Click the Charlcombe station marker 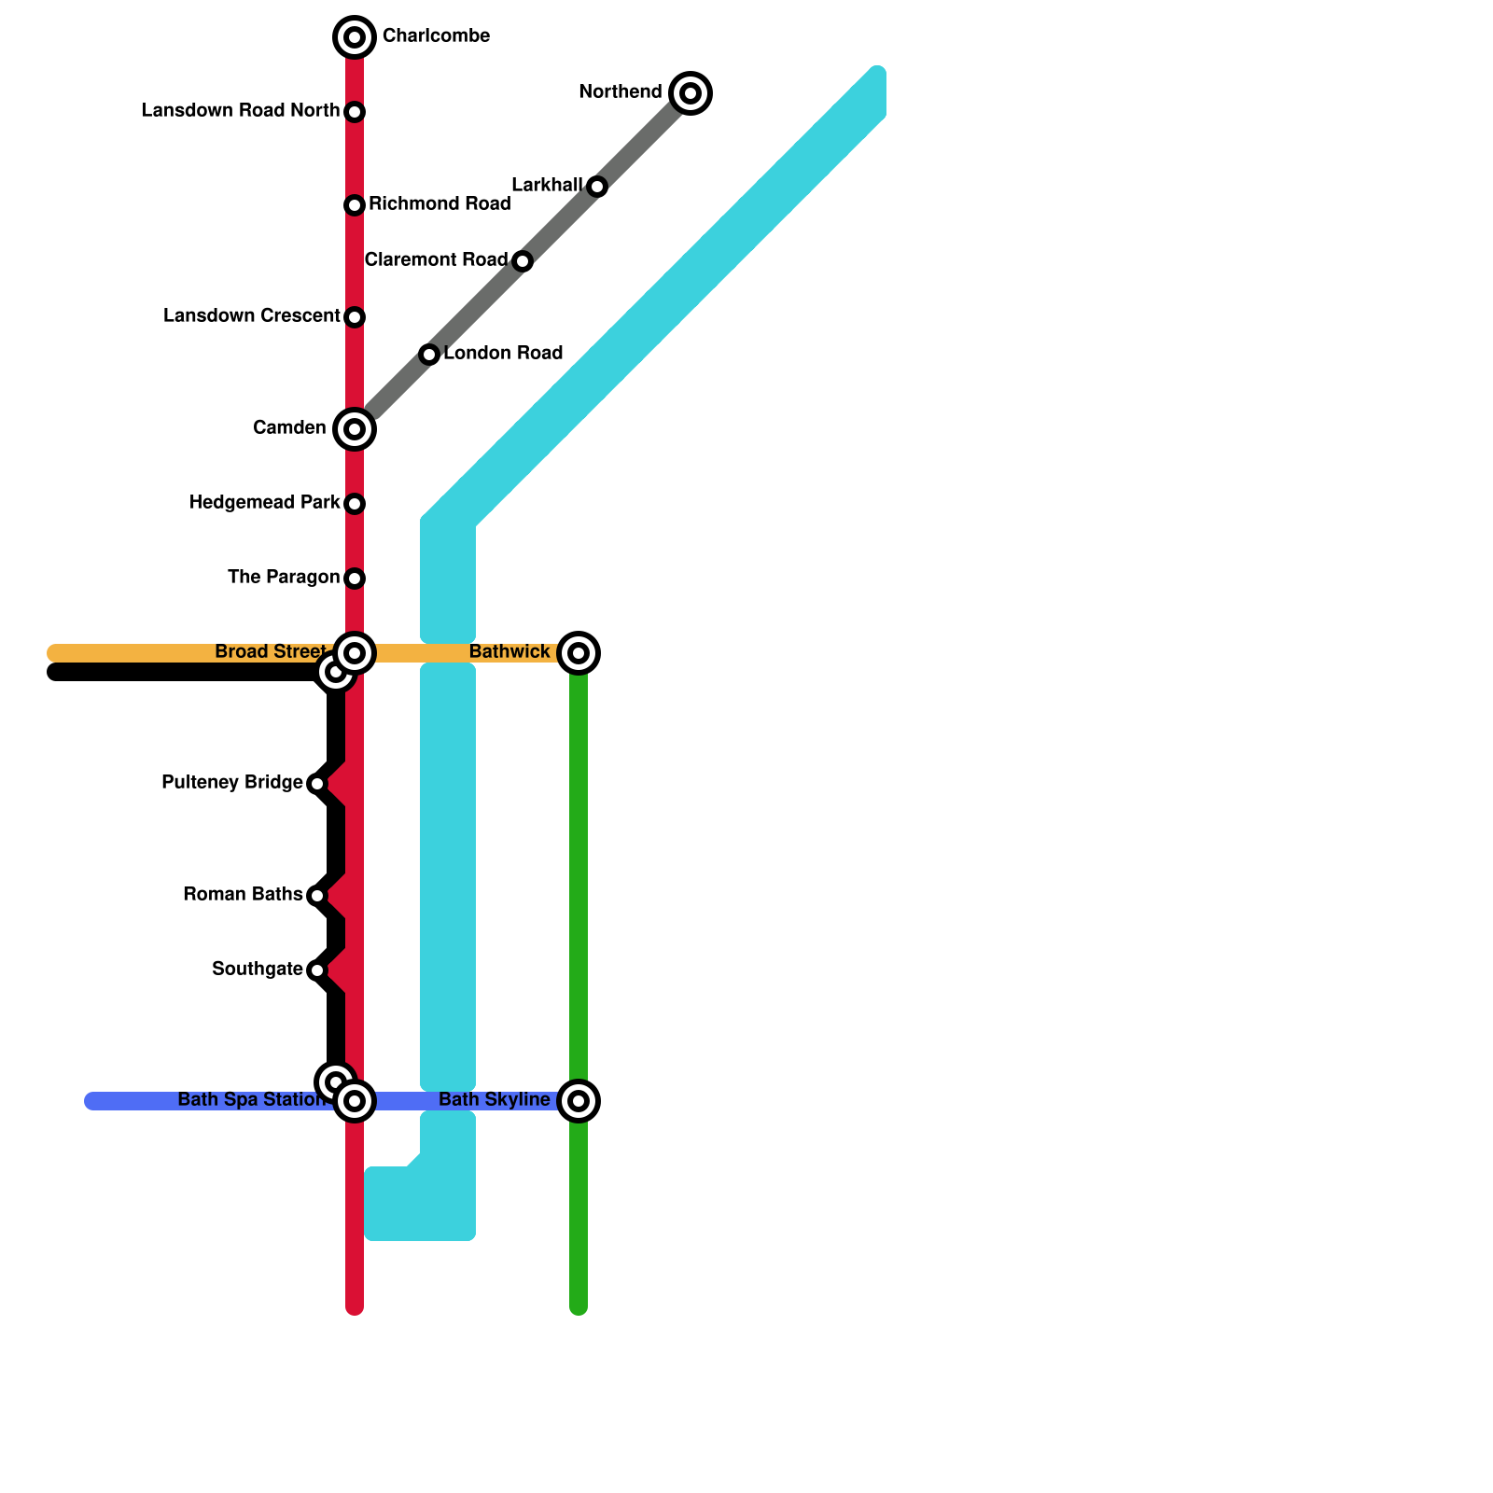point(355,37)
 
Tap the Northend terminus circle point(691,93)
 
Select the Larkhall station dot point(597,187)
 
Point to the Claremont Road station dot point(523,261)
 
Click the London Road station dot point(429,355)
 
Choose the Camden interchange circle point(355,429)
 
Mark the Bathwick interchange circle point(579,653)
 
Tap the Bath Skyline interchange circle point(579,1101)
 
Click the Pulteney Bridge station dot point(317,784)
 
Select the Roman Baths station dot point(317,896)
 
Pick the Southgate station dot point(317,970)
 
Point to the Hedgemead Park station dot point(355,504)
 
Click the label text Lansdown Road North point(240,111)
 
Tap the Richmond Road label point(440,204)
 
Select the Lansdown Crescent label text point(251,316)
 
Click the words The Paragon point(284,578)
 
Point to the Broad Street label point(271,652)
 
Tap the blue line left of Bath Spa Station point(131,1101)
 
